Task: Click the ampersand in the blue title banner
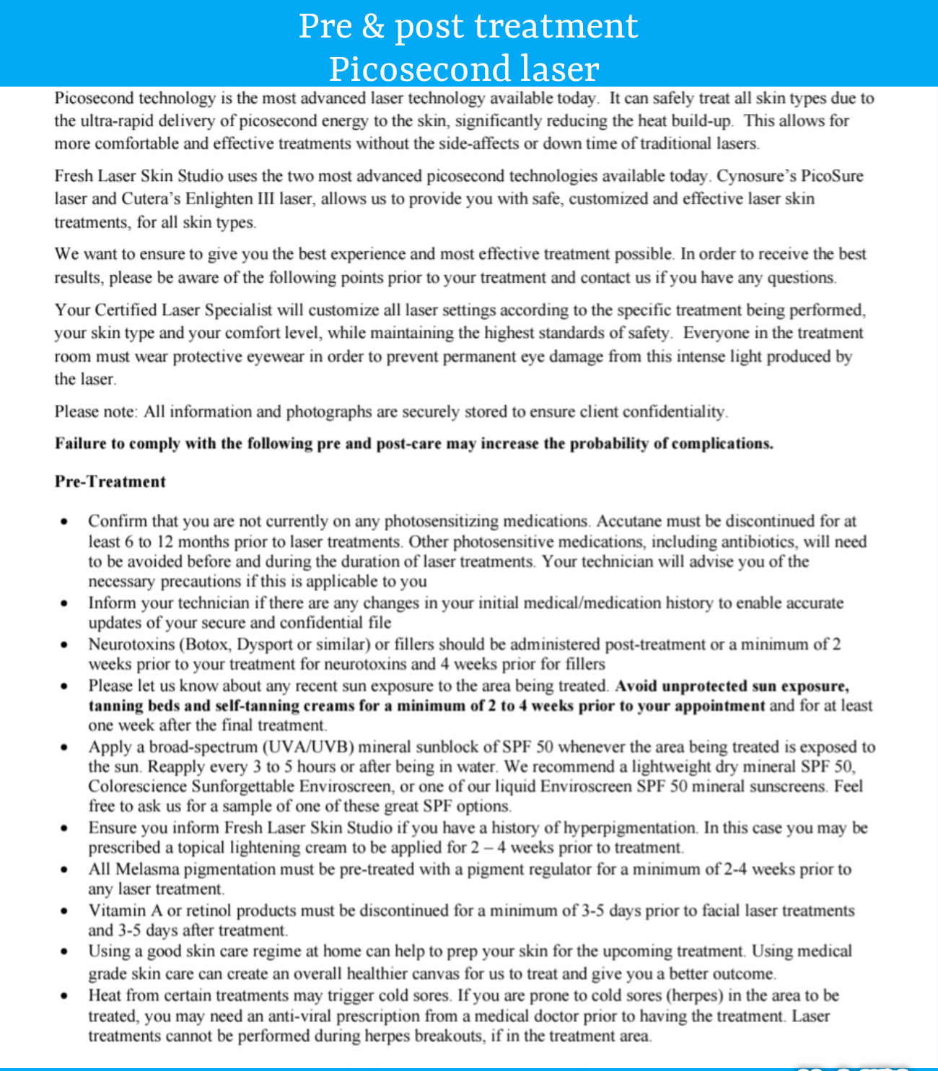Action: tap(372, 27)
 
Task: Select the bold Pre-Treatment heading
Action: tap(110, 481)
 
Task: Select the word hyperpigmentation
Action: tap(629, 828)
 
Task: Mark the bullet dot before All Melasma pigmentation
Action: tap(65, 870)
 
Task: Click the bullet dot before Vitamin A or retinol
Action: tap(65, 912)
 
